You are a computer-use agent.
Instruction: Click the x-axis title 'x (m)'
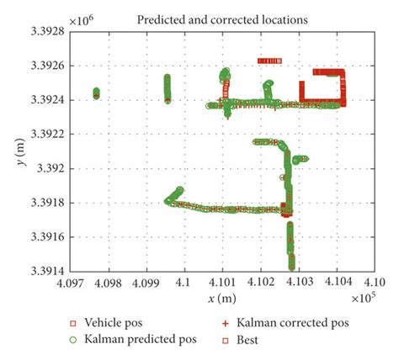tap(222, 299)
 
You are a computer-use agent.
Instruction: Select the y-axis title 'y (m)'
tap(17, 151)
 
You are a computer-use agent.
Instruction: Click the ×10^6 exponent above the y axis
tap(81, 17)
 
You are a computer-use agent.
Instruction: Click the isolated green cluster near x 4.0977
tap(96, 93)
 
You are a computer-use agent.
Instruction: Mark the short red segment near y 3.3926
tap(269, 61)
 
